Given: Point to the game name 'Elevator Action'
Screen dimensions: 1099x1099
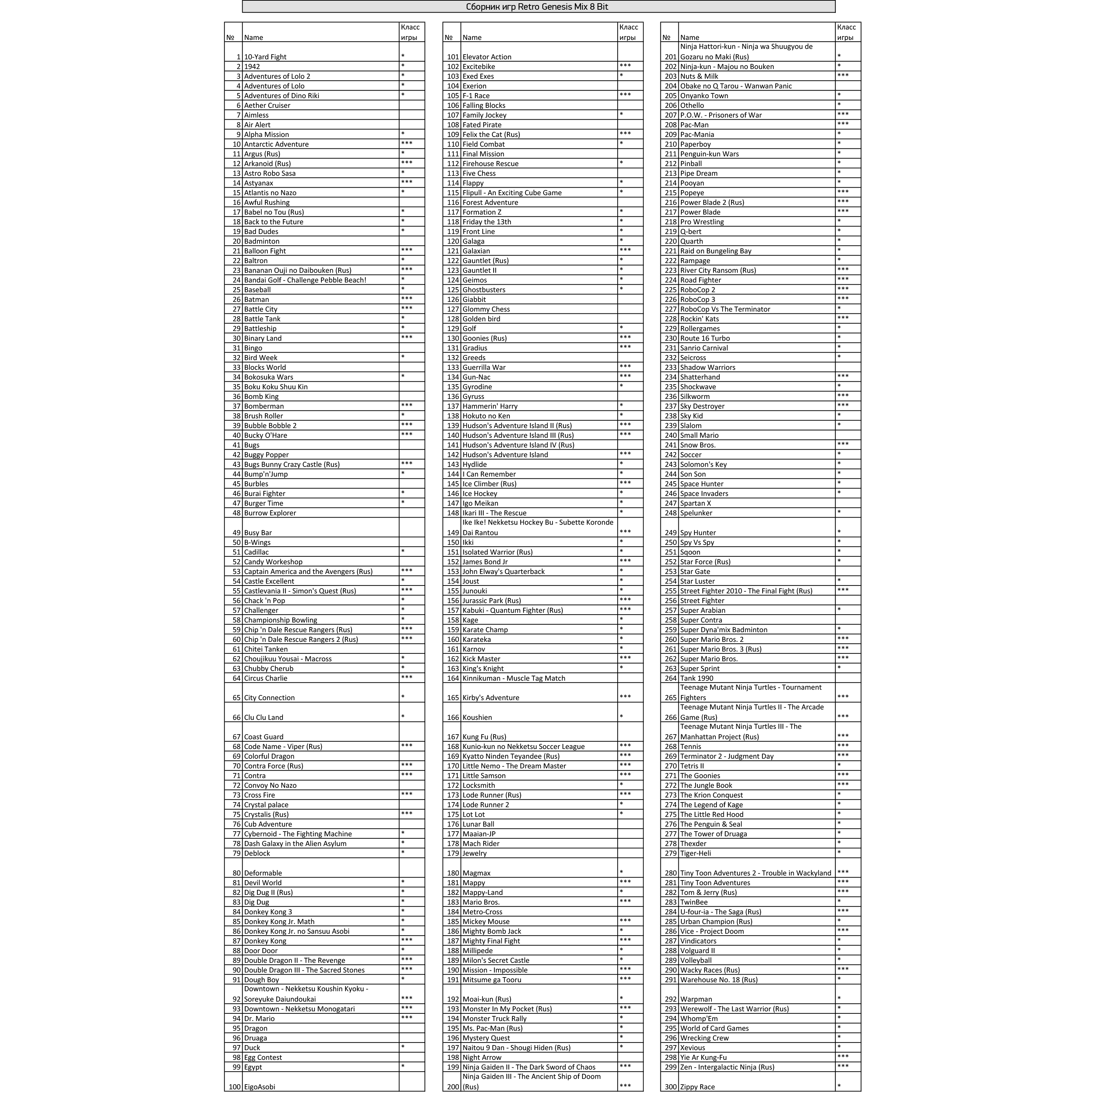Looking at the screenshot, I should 487,57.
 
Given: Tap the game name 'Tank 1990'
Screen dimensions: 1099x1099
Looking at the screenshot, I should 697,679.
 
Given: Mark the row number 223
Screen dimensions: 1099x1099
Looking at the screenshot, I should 670,271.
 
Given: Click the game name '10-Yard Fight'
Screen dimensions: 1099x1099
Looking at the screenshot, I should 265,57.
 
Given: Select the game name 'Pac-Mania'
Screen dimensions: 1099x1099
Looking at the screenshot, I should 697,135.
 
